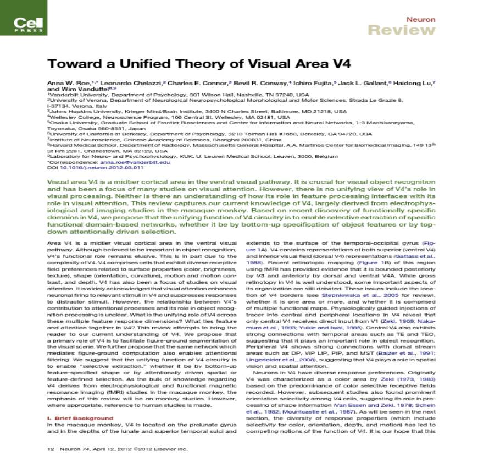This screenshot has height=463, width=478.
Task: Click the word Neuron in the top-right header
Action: [421, 19]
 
